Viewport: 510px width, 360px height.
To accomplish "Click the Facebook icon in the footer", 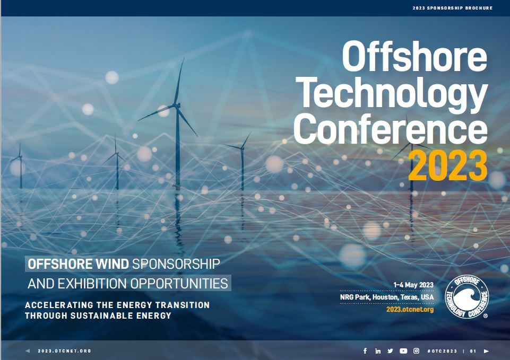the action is [x=365, y=351].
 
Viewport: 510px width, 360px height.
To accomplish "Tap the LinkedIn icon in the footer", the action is [x=378, y=351].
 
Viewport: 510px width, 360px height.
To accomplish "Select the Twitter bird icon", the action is [x=390, y=351].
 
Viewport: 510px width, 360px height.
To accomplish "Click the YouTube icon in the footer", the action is [x=403, y=351].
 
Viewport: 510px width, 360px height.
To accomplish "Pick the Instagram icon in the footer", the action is [x=416, y=351].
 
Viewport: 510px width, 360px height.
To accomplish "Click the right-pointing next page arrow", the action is [x=487, y=351].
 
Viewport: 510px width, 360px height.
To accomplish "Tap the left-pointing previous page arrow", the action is [x=28, y=351].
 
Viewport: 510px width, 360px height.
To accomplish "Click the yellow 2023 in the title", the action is [x=448, y=165].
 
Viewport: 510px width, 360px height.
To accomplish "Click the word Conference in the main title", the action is [x=391, y=129].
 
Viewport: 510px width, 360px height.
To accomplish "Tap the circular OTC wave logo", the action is [x=466, y=297].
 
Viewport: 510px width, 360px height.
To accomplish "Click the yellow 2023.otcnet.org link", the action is [x=410, y=309].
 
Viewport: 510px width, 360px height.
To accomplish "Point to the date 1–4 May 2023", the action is [x=413, y=285].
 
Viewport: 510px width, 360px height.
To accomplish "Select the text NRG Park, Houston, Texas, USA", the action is [x=387, y=297].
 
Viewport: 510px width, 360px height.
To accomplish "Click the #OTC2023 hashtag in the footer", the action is [x=442, y=351].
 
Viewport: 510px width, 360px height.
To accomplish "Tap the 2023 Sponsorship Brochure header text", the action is [x=453, y=8].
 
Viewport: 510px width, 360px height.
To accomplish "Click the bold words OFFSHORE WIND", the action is [x=79, y=264].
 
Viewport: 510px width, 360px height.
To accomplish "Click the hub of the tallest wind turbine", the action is [x=177, y=106].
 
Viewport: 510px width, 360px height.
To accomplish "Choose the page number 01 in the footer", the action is [x=473, y=351].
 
